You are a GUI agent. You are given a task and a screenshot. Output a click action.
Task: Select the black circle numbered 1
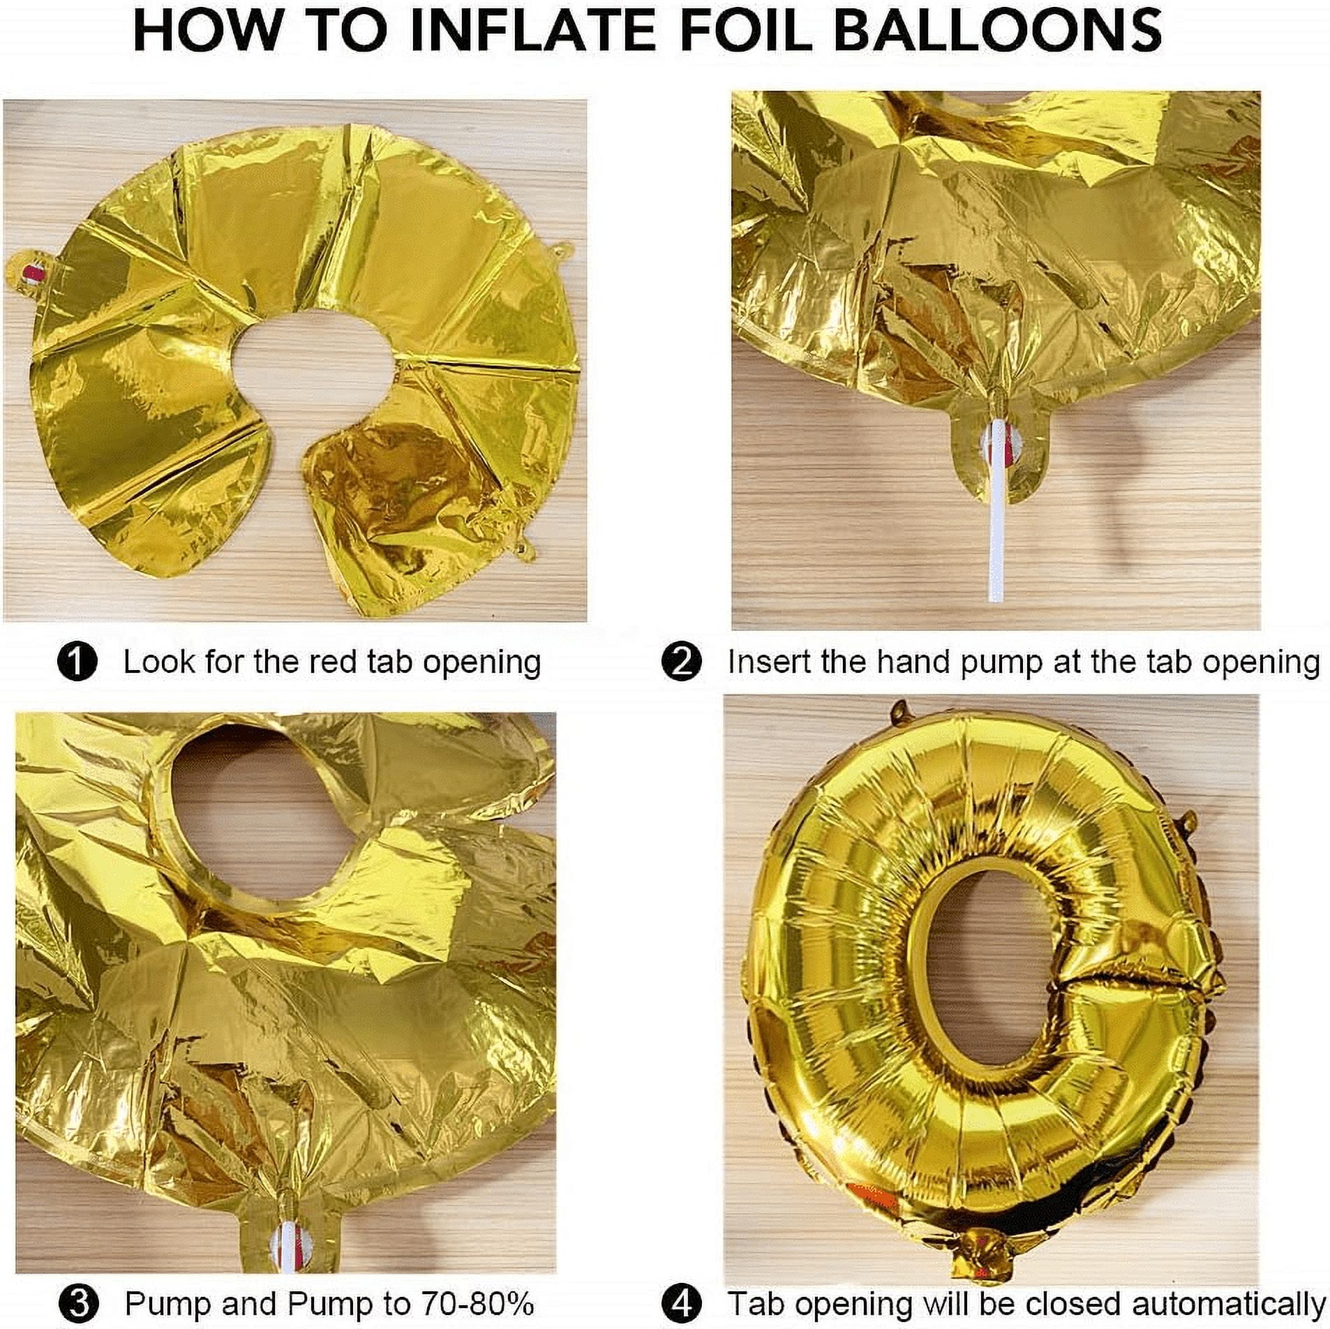77,662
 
